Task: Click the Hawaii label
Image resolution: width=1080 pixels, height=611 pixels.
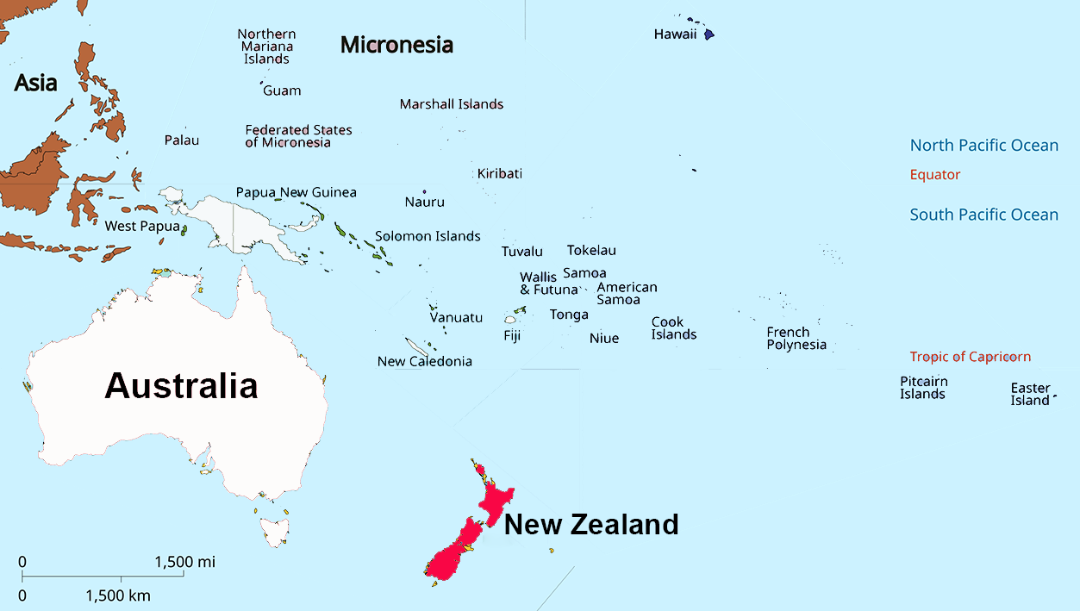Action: pos(675,34)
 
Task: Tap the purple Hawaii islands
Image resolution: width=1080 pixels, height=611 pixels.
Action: pos(709,34)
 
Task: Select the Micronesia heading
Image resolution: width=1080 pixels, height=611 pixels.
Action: pos(396,45)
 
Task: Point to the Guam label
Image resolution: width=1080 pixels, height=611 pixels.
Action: pos(282,90)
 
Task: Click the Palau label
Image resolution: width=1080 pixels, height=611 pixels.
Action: pos(182,140)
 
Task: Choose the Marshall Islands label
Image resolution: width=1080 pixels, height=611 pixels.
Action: pos(451,104)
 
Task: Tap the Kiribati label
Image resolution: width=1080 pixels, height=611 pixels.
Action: pos(500,173)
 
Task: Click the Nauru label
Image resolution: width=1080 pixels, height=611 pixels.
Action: pos(425,202)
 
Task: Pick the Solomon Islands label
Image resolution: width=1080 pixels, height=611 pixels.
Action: pos(428,236)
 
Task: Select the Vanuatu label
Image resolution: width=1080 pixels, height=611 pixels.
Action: pos(456,317)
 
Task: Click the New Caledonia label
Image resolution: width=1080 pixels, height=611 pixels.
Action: pos(425,361)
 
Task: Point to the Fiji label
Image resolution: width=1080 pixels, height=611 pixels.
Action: pos(512,335)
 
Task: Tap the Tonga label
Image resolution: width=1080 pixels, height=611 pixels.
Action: pos(569,315)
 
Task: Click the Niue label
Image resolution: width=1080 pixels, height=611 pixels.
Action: pos(604,338)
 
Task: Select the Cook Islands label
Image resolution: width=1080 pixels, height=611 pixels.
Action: pos(674,328)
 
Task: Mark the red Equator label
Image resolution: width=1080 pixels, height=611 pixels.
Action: pos(935,175)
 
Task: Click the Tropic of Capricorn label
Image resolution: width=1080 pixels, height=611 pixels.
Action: pos(970,357)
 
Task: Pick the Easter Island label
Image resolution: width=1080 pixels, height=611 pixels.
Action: pos(1030,394)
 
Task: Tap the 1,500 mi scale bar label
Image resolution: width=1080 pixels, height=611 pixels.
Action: pos(185,562)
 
